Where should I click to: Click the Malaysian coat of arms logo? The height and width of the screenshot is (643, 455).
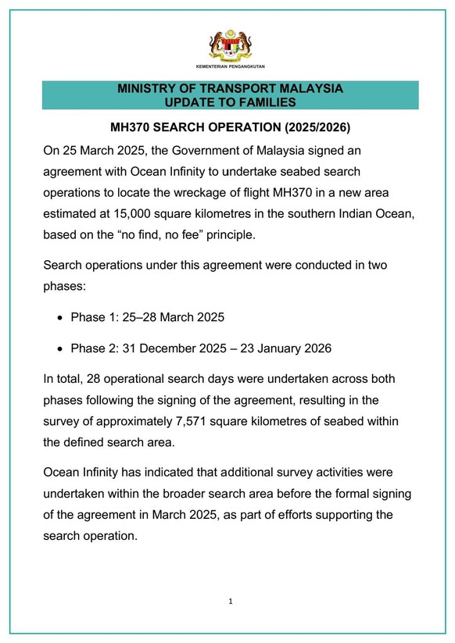[x=230, y=47]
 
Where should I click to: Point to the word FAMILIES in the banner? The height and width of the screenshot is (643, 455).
[x=264, y=102]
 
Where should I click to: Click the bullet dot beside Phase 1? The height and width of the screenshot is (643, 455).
[x=61, y=318]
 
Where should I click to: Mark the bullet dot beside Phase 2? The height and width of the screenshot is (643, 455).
[x=61, y=348]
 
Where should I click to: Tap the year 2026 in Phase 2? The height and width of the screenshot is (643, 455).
[x=314, y=348]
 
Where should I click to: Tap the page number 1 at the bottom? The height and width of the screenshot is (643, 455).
[x=231, y=602]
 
